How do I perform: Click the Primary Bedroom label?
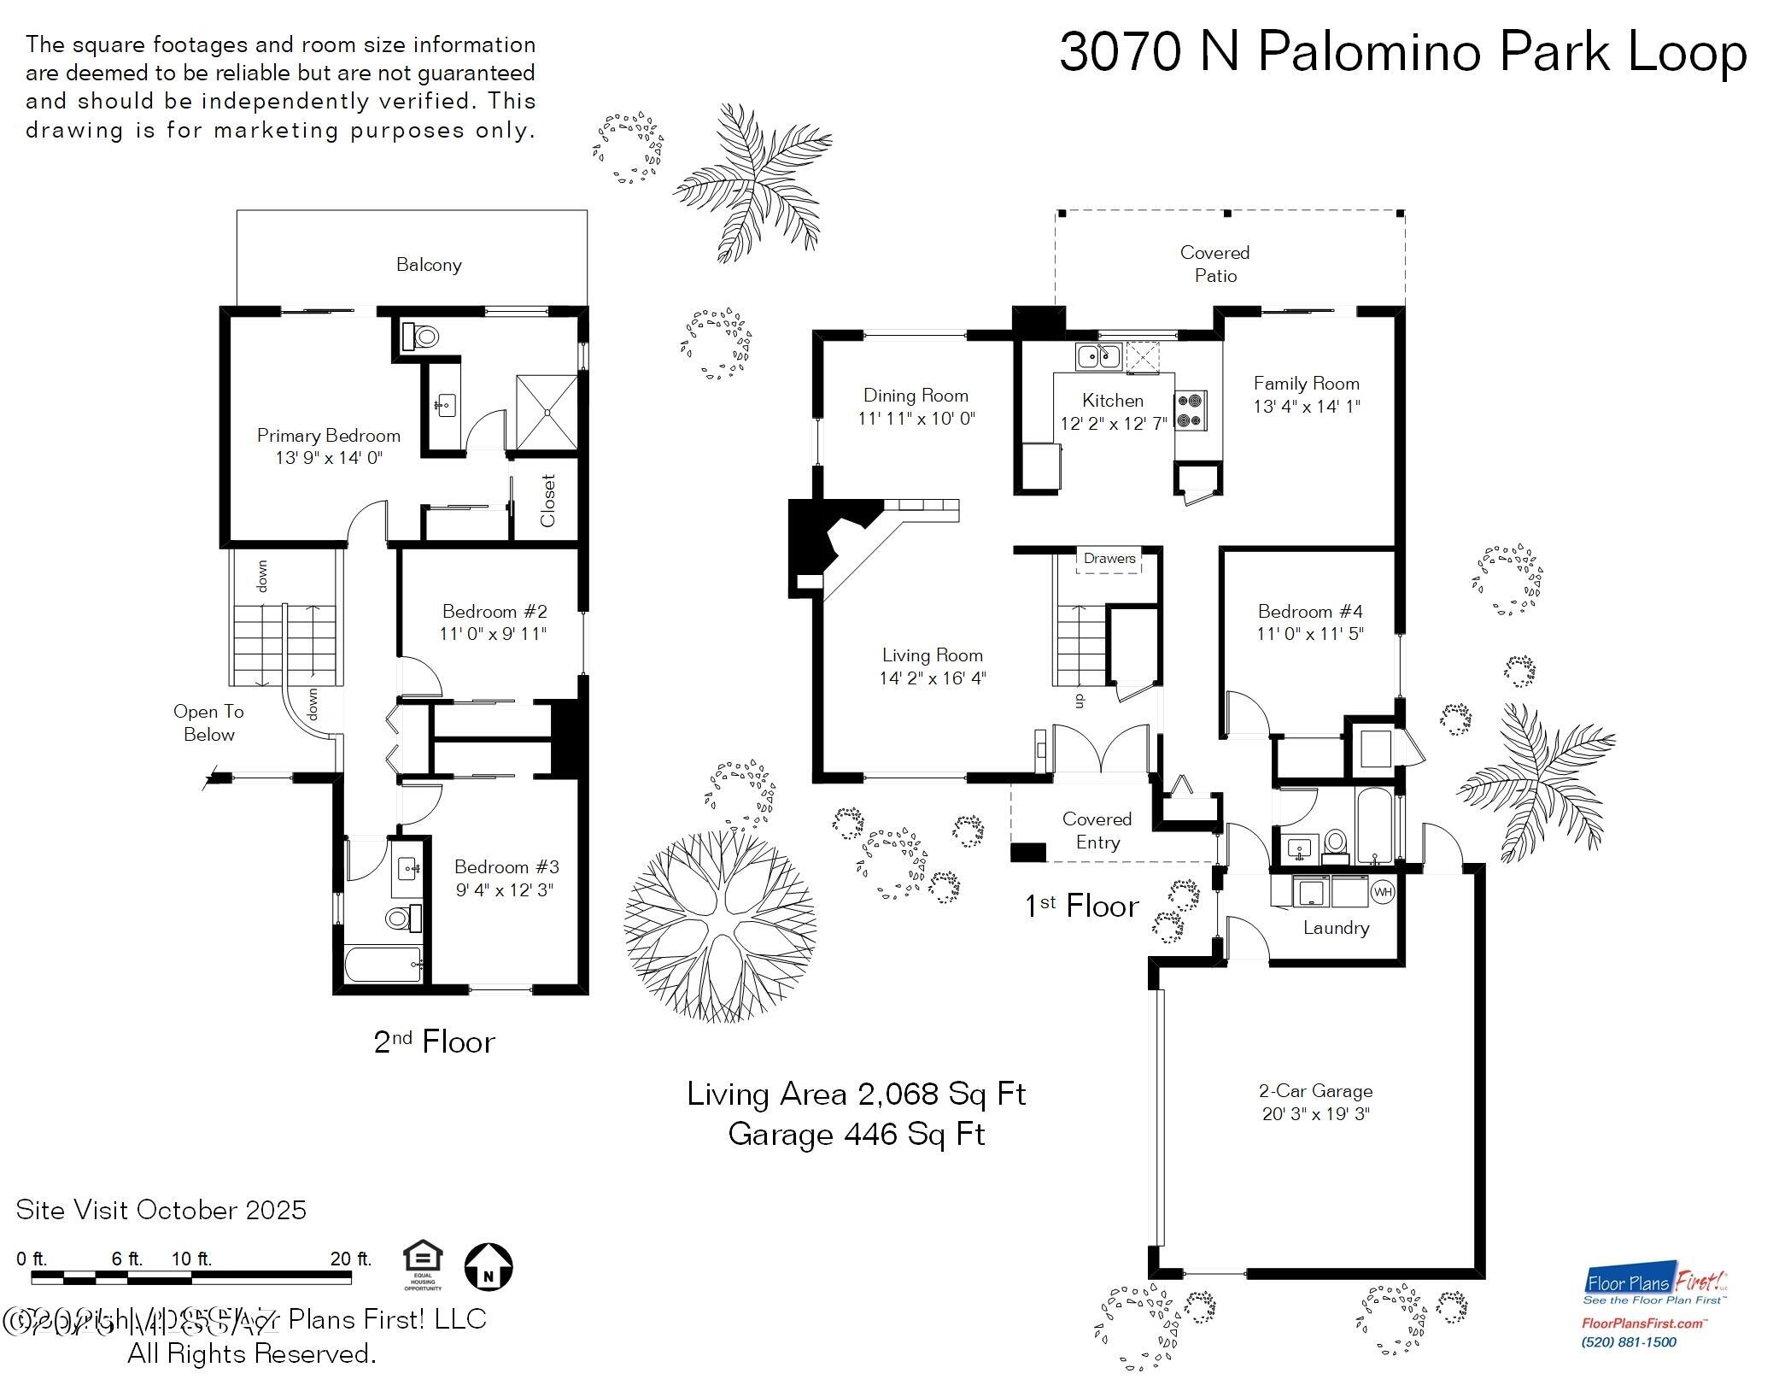coord(328,436)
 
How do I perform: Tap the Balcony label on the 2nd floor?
coord(429,265)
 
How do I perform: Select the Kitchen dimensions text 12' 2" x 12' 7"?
coord(1113,424)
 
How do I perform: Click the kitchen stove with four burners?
coord(1191,410)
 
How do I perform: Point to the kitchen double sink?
coord(1098,355)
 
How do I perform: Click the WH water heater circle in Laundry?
coord(1382,892)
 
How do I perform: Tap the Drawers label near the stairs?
coord(1109,559)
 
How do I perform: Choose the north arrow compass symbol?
coord(489,1267)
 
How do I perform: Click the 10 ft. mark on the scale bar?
coord(191,1259)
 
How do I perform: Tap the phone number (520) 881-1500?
coord(1630,1342)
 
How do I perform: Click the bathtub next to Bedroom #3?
coord(383,965)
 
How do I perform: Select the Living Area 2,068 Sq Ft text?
coord(856,1095)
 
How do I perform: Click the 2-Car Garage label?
coord(1315,1091)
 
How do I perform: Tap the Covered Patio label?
coord(1214,264)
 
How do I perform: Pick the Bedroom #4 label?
coord(1309,612)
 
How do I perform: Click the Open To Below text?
coord(208,723)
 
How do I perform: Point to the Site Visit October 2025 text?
coord(161,1210)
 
